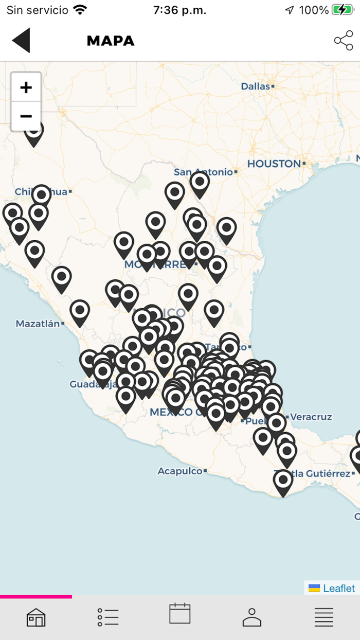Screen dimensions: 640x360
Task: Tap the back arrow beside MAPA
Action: point(21,41)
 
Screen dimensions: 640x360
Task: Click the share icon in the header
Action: point(343,41)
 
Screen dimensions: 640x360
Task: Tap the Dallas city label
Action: point(256,86)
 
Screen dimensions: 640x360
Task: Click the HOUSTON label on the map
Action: point(274,164)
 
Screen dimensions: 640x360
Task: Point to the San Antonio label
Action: point(203,172)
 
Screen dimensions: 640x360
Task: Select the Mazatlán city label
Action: point(38,324)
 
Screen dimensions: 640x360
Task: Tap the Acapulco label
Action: point(180,471)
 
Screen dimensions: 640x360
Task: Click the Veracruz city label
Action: point(311,417)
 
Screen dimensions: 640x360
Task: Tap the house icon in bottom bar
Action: point(36,617)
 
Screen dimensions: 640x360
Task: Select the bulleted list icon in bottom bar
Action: point(108,617)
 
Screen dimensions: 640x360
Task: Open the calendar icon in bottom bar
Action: point(180,614)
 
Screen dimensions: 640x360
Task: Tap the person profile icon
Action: point(252,617)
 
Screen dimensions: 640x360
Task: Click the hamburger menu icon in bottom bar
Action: point(324,617)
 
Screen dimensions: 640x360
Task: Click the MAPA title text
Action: point(111,41)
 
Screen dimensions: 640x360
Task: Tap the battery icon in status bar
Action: point(342,10)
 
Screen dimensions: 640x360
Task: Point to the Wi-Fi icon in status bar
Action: point(80,10)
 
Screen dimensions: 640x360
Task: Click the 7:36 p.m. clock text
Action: point(179,10)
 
